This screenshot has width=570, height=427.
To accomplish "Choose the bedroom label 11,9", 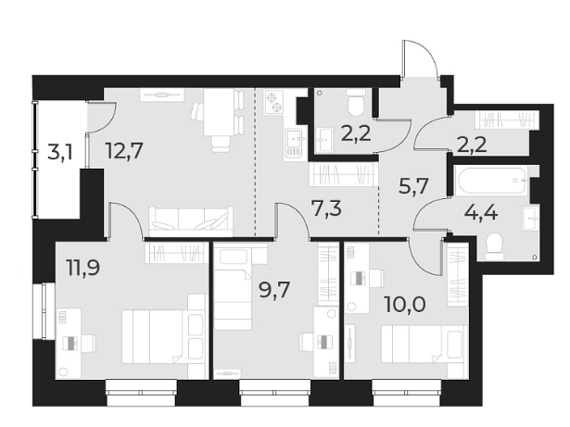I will pyautogui.click(x=82, y=270).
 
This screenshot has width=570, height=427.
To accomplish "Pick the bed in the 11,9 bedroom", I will pyautogui.click(x=156, y=336).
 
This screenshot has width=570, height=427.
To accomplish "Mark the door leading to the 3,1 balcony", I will pyautogui.click(x=100, y=118).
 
